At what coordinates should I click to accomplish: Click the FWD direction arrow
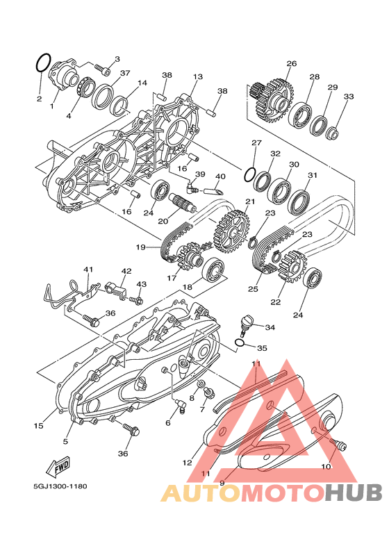(x=58, y=467)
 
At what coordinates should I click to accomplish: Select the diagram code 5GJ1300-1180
(x=60, y=486)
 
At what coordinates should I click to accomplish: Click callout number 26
(x=292, y=63)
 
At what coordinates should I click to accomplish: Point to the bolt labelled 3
(x=102, y=69)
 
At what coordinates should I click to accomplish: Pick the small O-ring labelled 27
(x=249, y=174)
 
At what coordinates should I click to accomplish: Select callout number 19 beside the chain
(x=141, y=247)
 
